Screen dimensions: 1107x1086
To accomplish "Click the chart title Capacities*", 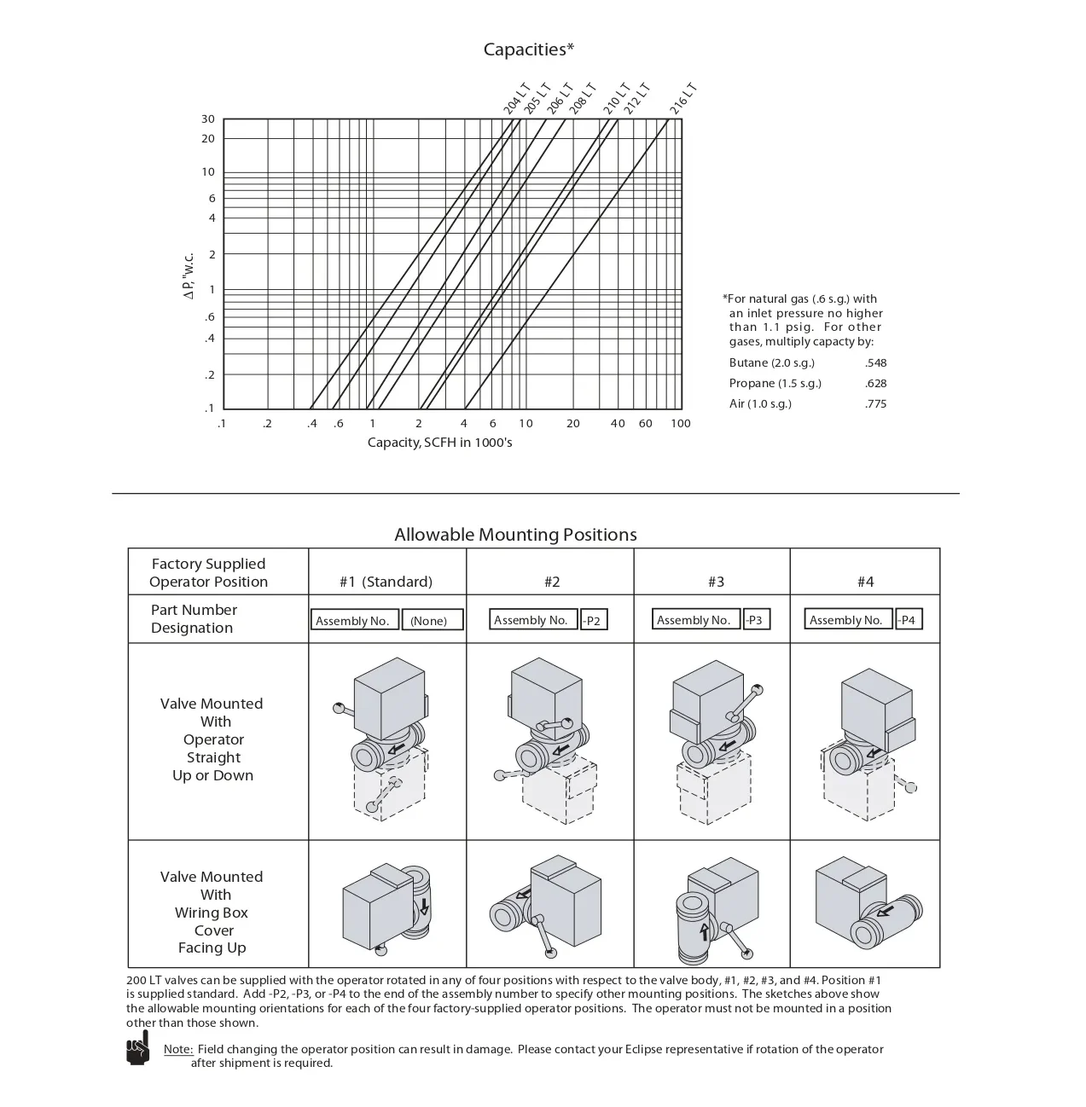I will coord(529,49).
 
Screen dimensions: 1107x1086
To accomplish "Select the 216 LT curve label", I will coord(683,99).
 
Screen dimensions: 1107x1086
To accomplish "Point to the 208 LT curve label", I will coord(583,99).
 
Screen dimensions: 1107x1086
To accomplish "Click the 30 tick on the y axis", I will coord(208,119).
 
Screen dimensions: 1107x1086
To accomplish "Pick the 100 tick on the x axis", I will coord(680,424).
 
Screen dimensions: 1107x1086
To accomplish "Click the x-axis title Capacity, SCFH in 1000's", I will coord(439,443).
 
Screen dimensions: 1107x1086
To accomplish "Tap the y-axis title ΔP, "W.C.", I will coord(189,275).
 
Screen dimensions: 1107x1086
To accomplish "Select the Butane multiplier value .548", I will coord(875,362).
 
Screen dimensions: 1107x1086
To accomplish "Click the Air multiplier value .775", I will coord(875,404).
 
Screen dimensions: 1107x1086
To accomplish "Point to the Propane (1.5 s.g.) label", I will coord(775,383).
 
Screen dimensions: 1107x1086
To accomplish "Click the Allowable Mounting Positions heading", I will coord(515,535).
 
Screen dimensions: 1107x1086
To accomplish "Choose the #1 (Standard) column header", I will coord(386,582).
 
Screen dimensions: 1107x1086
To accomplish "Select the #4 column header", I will coord(865,582).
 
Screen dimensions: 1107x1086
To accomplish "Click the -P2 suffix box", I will coord(592,621).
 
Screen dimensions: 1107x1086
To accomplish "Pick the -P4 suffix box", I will coord(907,620).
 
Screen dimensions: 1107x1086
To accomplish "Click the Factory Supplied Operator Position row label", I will coord(208,573).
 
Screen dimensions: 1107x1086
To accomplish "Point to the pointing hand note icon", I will coord(137,1048).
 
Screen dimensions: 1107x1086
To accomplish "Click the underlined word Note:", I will coord(178,1049).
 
